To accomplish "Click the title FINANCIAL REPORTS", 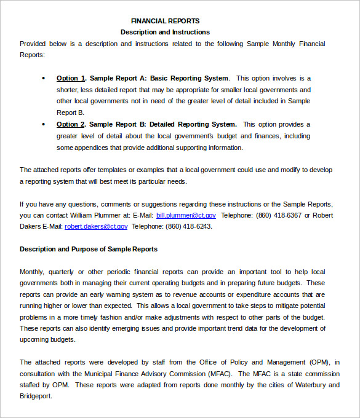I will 165,21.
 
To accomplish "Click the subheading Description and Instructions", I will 165,32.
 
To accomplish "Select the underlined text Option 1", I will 71,78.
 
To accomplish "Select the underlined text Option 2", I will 71,124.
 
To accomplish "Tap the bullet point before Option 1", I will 43,79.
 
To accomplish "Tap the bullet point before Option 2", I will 43,125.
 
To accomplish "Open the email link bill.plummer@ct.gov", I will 186,215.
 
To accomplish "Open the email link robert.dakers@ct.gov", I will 96,226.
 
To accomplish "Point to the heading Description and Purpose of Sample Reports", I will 89,249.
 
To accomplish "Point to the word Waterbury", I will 306,385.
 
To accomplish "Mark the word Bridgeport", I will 36,396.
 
